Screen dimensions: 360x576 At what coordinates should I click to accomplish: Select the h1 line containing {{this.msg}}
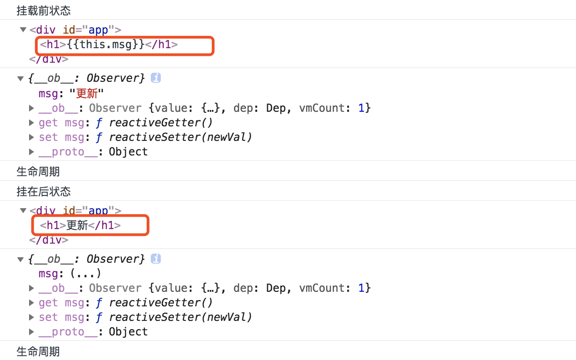tap(109, 45)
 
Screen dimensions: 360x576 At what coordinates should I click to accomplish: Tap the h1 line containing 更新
tap(80, 225)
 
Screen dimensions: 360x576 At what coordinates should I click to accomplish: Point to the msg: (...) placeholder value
tap(85, 274)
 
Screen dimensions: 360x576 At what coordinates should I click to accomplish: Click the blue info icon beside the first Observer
tap(156, 78)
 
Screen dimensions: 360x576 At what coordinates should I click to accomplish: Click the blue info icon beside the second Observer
tap(156, 259)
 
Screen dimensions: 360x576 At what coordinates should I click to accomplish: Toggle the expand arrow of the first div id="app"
tap(23, 30)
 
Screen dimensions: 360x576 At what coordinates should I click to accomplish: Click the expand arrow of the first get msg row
tap(31, 123)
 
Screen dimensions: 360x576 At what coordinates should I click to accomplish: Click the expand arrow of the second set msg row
tap(31, 317)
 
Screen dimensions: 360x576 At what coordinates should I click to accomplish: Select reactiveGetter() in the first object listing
tap(161, 123)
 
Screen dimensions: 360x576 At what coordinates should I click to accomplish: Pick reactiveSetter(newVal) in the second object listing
tap(180, 317)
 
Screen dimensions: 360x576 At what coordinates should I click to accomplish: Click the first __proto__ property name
tap(68, 152)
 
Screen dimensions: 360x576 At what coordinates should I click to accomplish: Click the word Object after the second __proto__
tap(128, 332)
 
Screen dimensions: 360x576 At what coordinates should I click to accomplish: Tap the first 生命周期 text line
tap(38, 172)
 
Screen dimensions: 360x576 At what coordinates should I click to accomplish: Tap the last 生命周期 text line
tap(38, 352)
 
